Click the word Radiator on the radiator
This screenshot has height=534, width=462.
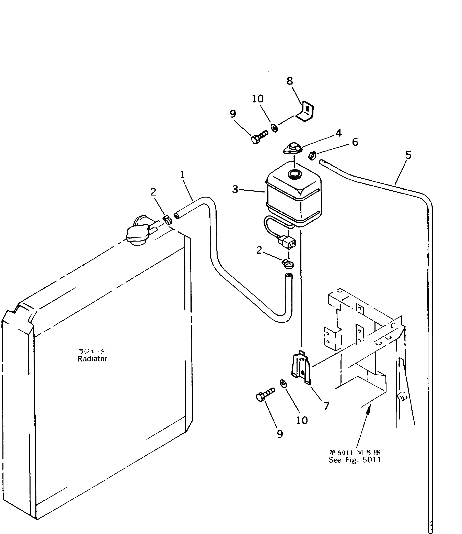click(x=92, y=359)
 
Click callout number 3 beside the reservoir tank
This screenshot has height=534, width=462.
click(x=235, y=189)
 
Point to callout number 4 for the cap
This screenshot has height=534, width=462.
click(x=338, y=133)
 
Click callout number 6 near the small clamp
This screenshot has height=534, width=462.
click(x=355, y=142)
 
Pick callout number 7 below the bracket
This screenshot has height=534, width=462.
click(x=326, y=406)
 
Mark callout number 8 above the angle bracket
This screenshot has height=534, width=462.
click(x=290, y=81)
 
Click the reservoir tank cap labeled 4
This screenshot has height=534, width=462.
click(x=292, y=149)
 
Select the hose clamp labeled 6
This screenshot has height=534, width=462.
click(x=312, y=156)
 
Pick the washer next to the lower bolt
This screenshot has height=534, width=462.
click(x=283, y=384)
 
